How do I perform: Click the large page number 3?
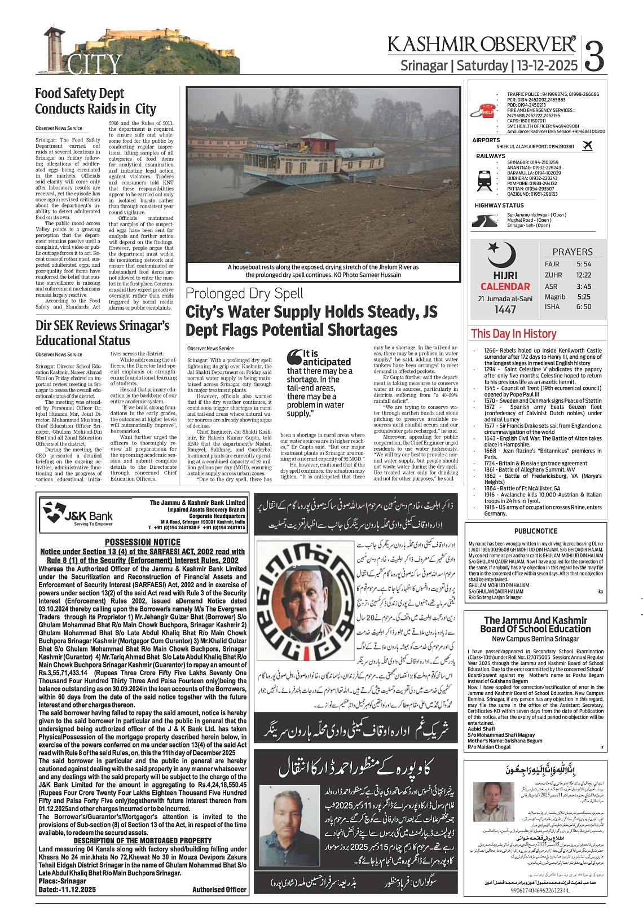[x=595, y=55]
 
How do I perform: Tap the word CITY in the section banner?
[x=95, y=64]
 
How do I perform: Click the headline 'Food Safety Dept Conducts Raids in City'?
[x=95, y=102]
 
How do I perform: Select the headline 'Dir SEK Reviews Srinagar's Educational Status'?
[x=102, y=333]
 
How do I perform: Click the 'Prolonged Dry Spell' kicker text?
[x=244, y=293]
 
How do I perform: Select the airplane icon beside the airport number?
[x=587, y=146]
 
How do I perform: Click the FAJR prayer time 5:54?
[x=584, y=264]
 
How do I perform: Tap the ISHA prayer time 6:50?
[x=584, y=307]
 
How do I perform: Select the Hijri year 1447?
[x=505, y=310]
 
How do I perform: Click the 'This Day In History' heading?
[x=513, y=333]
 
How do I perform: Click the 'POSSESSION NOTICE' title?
[x=143, y=542]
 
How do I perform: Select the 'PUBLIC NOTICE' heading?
[x=535, y=531]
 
